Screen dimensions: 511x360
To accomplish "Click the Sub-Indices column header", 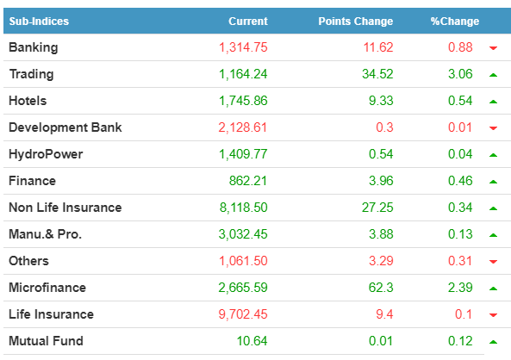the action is (39, 22).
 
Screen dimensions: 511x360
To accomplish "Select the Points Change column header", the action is (356, 22).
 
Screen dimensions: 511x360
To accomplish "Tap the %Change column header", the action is (455, 22).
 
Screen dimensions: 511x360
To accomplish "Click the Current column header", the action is (248, 22).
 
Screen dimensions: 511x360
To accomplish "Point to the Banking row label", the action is (34, 47).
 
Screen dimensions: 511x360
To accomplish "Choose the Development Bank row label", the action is (65, 127).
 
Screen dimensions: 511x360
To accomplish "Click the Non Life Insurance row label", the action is (65, 208).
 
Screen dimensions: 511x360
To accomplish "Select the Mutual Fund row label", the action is (46, 341).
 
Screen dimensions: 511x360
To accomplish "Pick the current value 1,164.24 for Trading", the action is (243, 74).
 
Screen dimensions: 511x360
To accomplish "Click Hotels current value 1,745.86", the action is (243, 101).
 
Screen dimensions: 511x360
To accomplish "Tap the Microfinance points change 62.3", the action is (381, 288).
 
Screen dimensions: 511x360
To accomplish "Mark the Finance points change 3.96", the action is (381, 181).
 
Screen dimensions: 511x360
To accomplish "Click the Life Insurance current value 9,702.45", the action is (243, 314).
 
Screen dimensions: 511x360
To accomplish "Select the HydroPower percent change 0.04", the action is (460, 154).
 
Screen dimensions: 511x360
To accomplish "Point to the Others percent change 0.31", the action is (460, 261).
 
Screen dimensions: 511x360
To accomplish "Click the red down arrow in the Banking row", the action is (494, 48).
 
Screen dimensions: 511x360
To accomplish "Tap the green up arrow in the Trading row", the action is (494, 75).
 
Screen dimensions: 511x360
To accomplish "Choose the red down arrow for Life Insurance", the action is (494, 315).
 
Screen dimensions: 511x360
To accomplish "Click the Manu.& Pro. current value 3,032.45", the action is (243, 234).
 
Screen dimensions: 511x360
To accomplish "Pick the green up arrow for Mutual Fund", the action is (494, 342).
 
